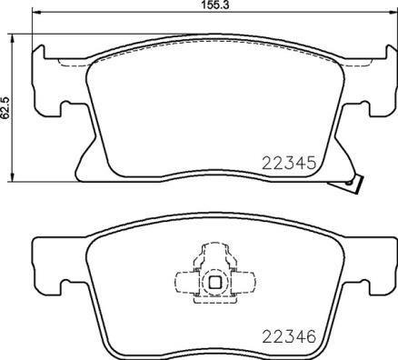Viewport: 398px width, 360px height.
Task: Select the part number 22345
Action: (287, 165)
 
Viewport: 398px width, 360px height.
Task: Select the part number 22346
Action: (287, 335)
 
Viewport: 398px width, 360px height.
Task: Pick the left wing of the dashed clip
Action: (185, 281)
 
